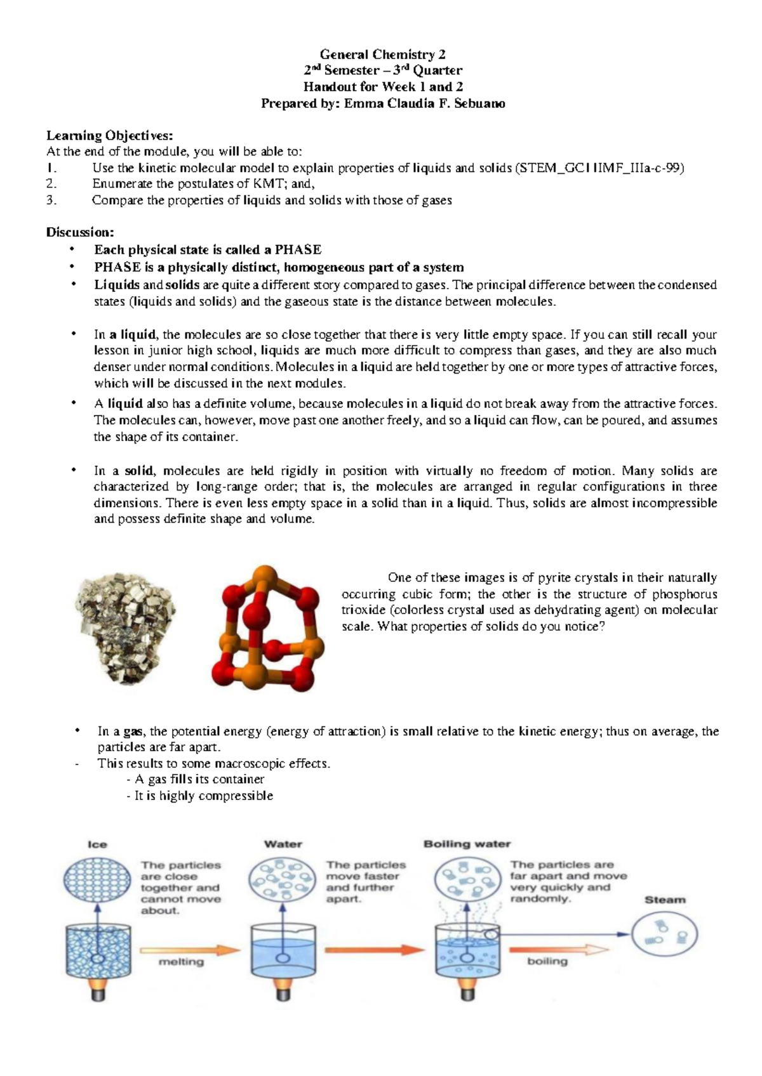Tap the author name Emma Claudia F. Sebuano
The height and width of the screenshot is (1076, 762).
(x=424, y=103)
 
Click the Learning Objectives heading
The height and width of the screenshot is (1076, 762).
(x=109, y=135)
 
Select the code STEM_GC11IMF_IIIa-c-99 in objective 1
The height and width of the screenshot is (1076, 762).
(x=601, y=168)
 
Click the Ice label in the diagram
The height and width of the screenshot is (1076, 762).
(x=97, y=844)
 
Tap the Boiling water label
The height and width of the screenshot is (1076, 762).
(x=467, y=844)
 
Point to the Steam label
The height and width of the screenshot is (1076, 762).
(x=665, y=900)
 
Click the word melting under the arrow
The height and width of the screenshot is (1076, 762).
(x=181, y=962)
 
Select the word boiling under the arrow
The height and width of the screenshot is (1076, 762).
(x=547, y=961)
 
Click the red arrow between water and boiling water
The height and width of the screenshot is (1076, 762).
(x=375, y=950)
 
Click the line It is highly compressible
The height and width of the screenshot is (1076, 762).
(x=200, y=796)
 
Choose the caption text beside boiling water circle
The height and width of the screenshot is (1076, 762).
(x=568, y=882)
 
